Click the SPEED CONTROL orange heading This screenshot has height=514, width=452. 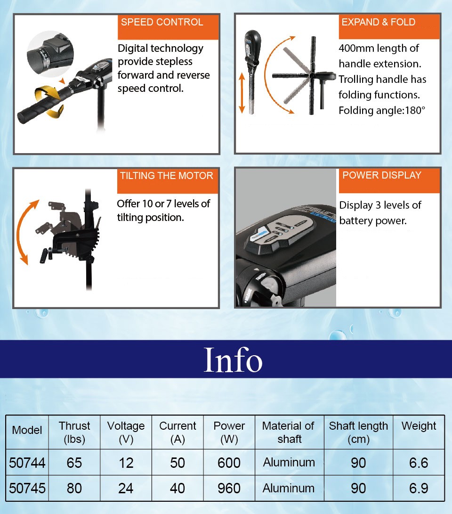(x=162, y=22)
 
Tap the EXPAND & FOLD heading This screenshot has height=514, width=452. (x=378, y=22)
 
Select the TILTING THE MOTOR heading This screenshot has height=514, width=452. (x=166, y=175)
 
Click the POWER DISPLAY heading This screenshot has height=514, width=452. (x=382, y=175)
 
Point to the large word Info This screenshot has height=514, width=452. (x=233, y=359)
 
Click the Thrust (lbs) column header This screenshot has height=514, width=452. (x=74, y=432)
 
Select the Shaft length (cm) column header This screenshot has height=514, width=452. (x=358, y=432)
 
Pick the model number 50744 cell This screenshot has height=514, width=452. (x=27, y=463)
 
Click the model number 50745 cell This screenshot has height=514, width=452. (x=27, y=488)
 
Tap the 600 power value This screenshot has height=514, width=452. (x=229, y=463)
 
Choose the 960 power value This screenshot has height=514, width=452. (x=229, y=488)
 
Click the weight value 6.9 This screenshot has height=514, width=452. (x=419, y=488)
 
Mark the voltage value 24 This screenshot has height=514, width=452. (x=126, y=488)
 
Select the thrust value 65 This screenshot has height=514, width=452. (x=74, y=463)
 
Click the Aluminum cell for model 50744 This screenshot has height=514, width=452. (x=289, y=462)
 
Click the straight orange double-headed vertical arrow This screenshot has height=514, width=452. (x=242, y=93)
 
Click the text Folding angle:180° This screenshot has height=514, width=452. (x=382, y=110)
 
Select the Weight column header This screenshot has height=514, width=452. (x=419, y=426)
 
